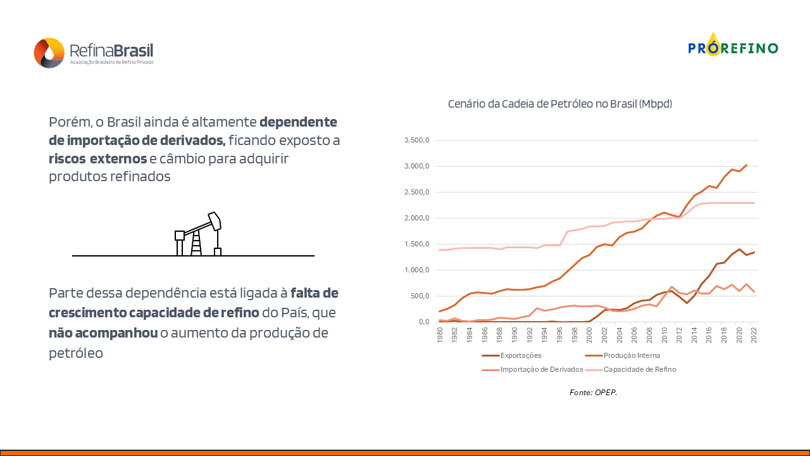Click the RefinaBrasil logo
[93, 53]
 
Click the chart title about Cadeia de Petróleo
[560, 104]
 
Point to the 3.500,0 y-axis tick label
[417, 140]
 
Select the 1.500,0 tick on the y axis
[417, 244]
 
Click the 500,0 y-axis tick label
[420, 296]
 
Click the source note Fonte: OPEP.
[593, 393]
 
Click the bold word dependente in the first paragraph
[298, 122]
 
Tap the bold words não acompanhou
[103, 333]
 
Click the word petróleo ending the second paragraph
[76, 353]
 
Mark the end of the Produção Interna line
[747, 165]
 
